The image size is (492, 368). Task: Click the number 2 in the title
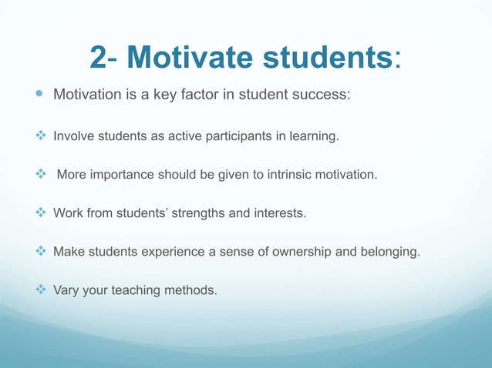click(x=99, y=57)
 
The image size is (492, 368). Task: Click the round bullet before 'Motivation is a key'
click(x=39, y=95)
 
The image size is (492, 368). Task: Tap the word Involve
click(x=72, y=137)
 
